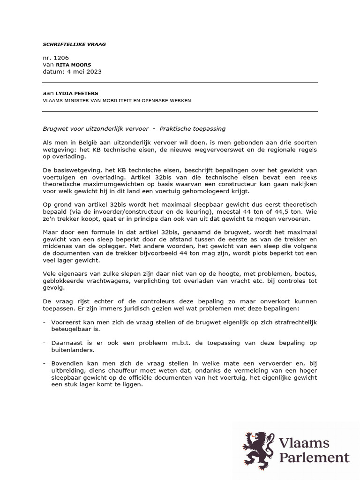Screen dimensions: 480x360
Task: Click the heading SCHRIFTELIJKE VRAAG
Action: (x=74, y=45)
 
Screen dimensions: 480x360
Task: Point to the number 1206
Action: (x=62, y=58)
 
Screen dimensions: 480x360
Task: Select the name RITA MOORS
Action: (x=74, y=65)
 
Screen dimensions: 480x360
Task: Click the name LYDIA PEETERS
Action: (x=77, y=93)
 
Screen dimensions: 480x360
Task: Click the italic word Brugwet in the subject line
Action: (x=54, y=128)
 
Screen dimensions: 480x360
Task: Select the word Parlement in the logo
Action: (x=314, y=457)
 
